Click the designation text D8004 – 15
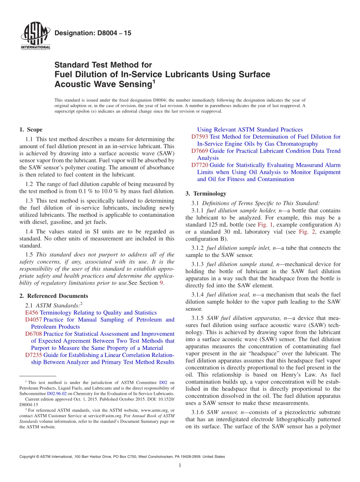point(93,33)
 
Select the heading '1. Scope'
point(31,130)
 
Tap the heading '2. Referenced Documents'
point(54,296)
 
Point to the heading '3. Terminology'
point(206,194)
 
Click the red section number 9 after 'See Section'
point(162,283)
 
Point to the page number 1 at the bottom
point(180,465)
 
